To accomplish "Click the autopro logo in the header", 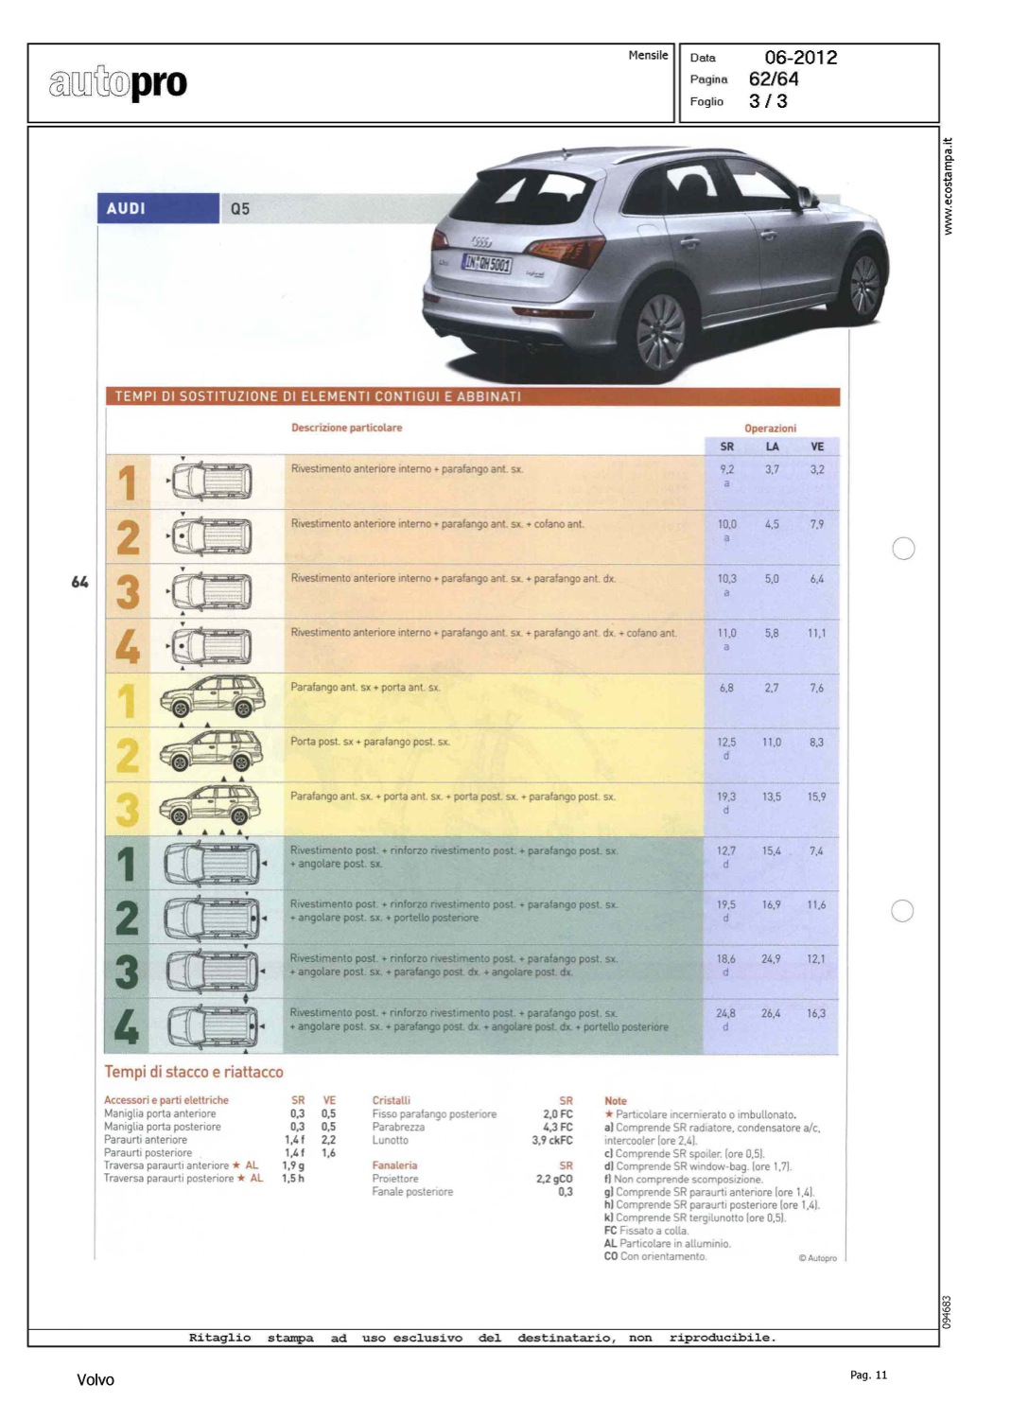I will (118, 84).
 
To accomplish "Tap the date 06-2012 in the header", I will (800, 58).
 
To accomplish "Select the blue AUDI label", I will (127, 208).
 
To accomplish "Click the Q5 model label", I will (240, 208).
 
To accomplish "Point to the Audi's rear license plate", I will (486, 264).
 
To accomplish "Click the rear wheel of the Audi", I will (660, 332).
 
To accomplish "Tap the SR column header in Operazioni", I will (726, 447).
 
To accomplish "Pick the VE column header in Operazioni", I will (817, 447).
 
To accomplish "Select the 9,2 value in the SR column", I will (726, 469).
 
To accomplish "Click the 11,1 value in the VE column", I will (817, 633).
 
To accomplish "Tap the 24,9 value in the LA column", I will (772, 959).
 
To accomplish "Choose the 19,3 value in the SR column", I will (726, 797).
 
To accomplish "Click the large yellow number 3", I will (127, 810).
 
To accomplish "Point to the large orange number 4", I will (127, 646).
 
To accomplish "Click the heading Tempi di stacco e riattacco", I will (194, 1072).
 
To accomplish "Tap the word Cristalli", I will (392, 1100).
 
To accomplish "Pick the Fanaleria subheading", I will (394, 1165).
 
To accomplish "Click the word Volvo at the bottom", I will (96, 1380).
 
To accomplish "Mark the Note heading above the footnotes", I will (616, 1100).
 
